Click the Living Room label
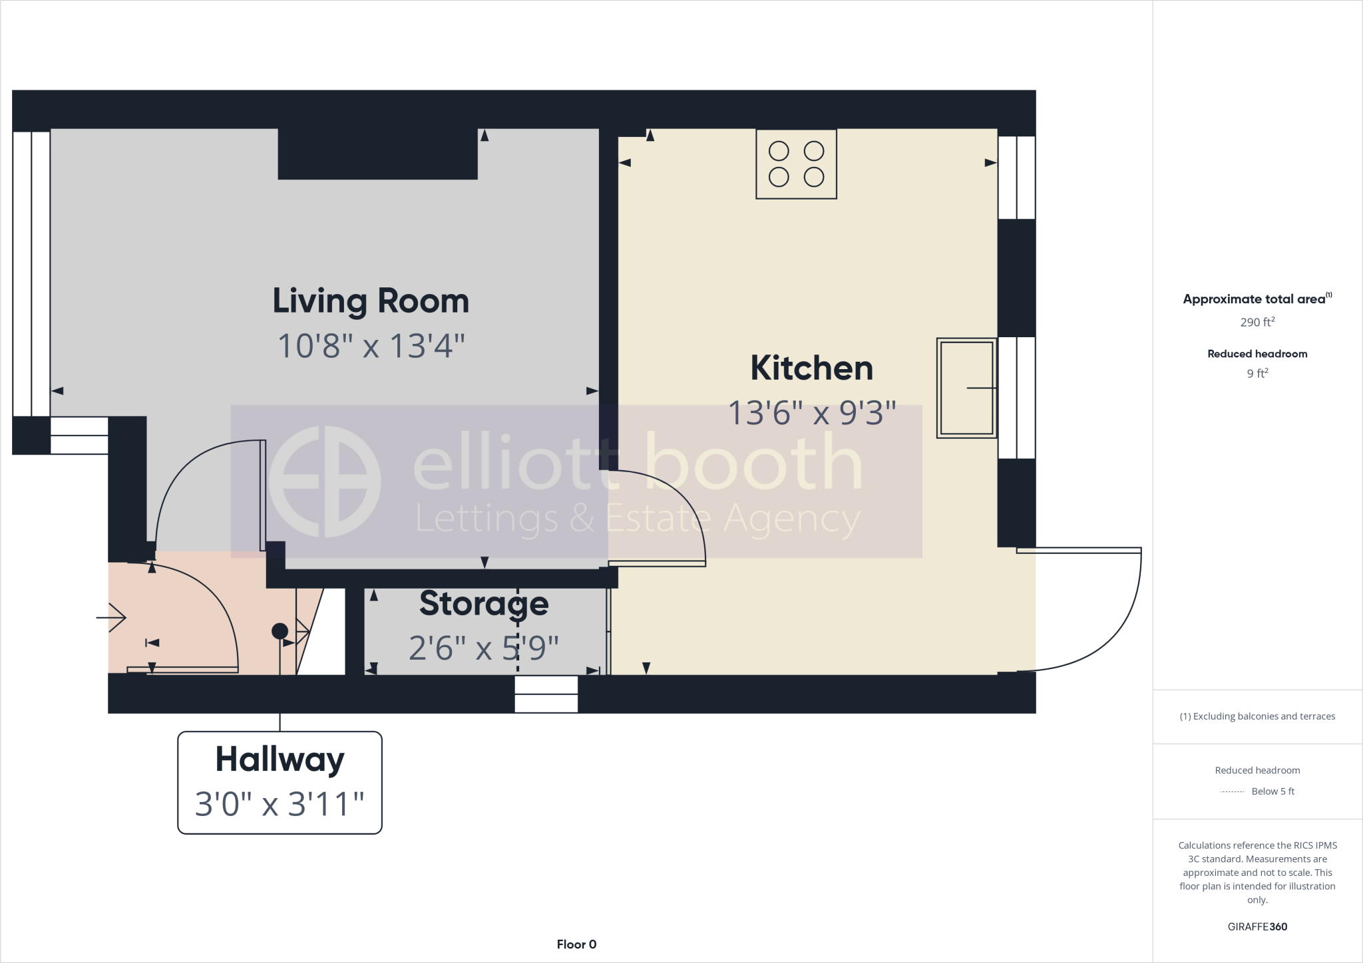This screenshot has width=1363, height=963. (x=371, y=301)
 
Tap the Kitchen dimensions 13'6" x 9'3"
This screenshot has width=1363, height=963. (x=812, y=413)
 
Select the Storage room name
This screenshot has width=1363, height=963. (x=484, y=603)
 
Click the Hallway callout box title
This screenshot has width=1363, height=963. (x=280, y=759)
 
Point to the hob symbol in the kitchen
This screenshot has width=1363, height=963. (x=796, y=164)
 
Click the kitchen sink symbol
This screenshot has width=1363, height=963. (x=966, y=388)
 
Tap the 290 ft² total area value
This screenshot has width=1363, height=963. (x=1257, y=322)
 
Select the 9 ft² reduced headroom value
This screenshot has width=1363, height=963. (x=1257, y=373)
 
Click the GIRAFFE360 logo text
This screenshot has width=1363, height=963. (x=1257, y=926)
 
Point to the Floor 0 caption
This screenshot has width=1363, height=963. (x=576, y=944)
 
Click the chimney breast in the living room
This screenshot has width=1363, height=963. (x=377, y=154)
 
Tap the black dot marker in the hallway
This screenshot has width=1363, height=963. (x=280, y=630)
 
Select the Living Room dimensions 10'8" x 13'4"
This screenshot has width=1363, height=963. (x=371, y=346)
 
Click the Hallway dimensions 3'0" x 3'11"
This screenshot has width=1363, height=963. (x=280, y=804)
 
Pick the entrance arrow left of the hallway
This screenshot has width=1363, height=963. (x=112, y=618)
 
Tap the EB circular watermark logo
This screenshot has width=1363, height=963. (x=324, y=481)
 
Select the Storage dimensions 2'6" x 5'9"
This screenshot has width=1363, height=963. (x=484, y=648)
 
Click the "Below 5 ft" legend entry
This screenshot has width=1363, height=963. (x=1272, y=791)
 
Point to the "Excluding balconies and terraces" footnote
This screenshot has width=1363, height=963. (x=1257, y=716)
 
